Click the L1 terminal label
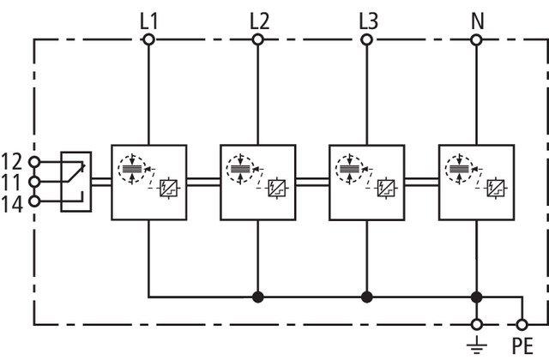tap(148, 18)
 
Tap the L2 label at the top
tap(258, 18)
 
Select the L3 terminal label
tap(367, 18)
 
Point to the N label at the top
tap(477, 18)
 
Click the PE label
tap(522, 347)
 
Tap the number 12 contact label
tap(13, 160)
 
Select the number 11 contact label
tap(13, 181)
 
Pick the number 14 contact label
tap(13, 201)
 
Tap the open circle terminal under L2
tap(258, 39)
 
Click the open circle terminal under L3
tap(367, 39)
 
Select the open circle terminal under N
tap(477, 39)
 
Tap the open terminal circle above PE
tap(522, 325)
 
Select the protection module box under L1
tap(148, 181)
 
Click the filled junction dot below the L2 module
tap(257, 297)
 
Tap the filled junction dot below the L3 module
tap(367, 297)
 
